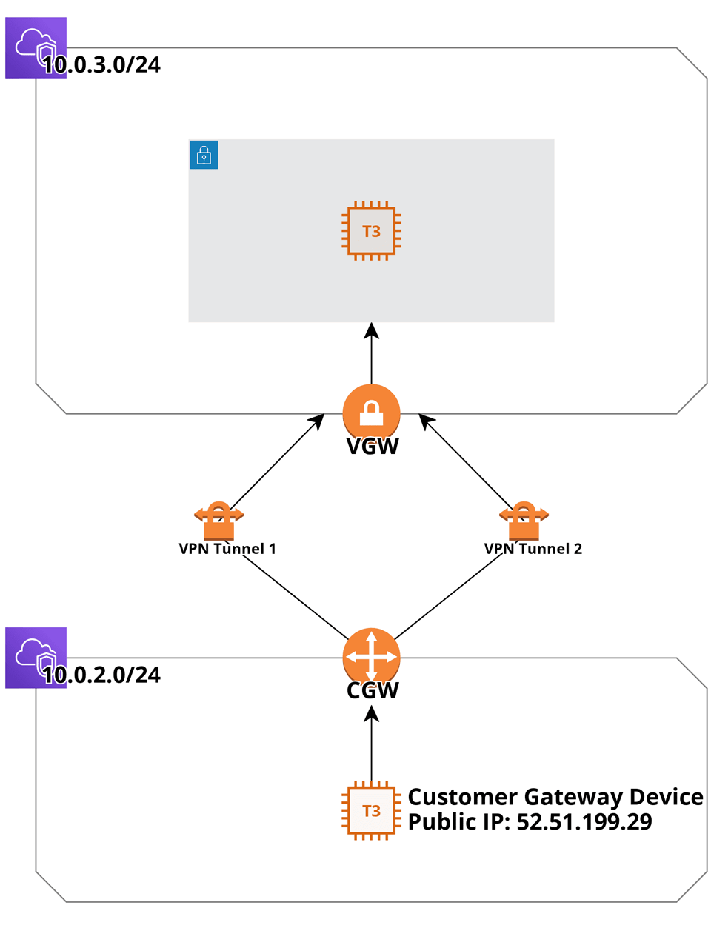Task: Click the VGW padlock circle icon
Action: click(x=371, y=412)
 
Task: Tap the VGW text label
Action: click(x=373, y=447)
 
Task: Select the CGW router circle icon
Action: click(x=371, y=656)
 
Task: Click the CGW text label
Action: click(x=373, y=690)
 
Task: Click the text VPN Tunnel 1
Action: click(x=227, y=549)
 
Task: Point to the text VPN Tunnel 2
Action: click(x=533, y=549)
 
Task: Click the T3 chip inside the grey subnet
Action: click(x=371, y=231)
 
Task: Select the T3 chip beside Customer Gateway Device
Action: click(x=371, y=810)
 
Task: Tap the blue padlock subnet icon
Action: click(x=204, y=155)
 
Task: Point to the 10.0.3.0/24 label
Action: click(x=101, y=65)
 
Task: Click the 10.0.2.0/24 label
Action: click(x=101, y=675)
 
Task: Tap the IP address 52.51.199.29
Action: click(x=584, y=822)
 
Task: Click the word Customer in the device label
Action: click(x=463, y=797)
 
